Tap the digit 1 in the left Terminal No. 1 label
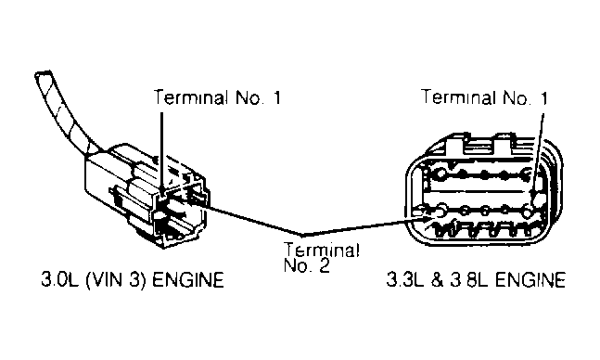[276, 97]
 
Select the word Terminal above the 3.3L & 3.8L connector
[458, 96]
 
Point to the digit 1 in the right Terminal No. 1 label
[543, 98]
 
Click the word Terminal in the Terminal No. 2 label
[322, 251]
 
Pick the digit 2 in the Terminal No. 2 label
[325, 265]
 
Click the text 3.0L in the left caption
[60, 279]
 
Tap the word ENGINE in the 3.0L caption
[188, 279]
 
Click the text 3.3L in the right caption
[405, 279]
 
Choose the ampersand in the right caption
[437, 280]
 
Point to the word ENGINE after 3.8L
[530, 279]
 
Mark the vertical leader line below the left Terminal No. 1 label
[161, 151]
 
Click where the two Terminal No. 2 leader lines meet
[303, 233]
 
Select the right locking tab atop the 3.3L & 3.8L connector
[504, 143]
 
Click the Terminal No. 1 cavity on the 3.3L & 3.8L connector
[540, 198]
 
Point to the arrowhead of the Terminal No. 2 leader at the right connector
[426, 219]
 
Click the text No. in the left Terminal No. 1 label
[249, 97]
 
